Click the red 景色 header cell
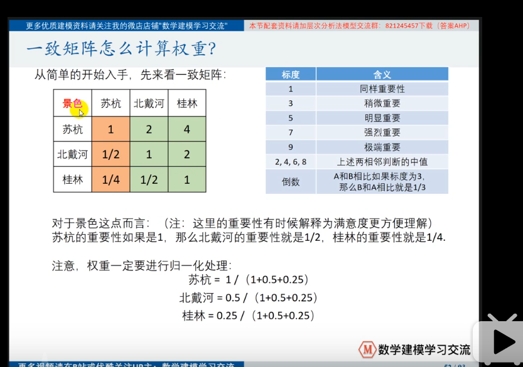pyautogui.click(x=72, y=104)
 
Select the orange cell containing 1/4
pyautogui.click(x=111, y=180)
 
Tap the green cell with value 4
pyautogui.click(x=187, y=130)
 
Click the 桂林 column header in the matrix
pyautogui.click(x=187, y=104)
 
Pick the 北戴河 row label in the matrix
pyautogui.click(x=72, y=154)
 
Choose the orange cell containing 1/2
pyautogui.click(x=111, y=154)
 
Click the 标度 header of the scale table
pyautogui.click(x=290, y=74)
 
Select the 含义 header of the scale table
pyautogui.click(x=382, y=74)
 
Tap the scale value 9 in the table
pyautogui.click(x=290, y=147)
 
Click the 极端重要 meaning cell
pyautogui.click(x=382, y=147)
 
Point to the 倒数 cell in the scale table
pyautogui.click(x=290, y=181)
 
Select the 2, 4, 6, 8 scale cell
pyautogui.click(x=290, y=162)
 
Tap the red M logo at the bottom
pyautogui.click(x=366, y=349)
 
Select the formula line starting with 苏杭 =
pyautogui.click(x=249, y=280)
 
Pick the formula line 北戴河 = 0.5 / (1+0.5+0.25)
pyautogui.click(x=249, y=297)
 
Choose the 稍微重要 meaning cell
pyautogui.click(x=382, y=104)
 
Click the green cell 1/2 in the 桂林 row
pyautogui.click(x=149, y=180)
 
